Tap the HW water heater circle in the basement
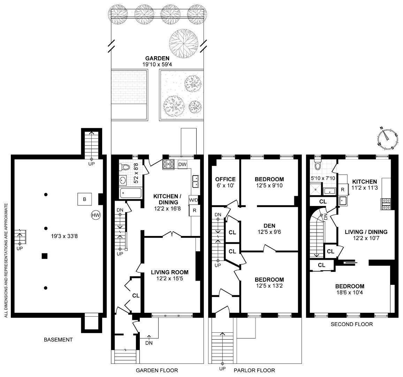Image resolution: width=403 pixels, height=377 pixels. coord(96,215)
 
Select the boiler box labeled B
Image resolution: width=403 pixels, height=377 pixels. coord(84,199)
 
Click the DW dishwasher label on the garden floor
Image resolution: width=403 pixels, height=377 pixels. coord(182,164)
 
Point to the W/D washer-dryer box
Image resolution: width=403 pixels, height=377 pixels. coord(193,200)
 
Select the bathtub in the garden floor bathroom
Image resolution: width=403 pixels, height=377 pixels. coord(130,193)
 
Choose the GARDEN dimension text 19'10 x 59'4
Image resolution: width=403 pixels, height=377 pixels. coord(157,65)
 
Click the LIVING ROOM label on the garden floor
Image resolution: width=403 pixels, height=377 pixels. coord(169,272)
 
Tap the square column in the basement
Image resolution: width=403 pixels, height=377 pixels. coord(44,256)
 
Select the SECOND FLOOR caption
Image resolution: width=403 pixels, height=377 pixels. coord(351,324)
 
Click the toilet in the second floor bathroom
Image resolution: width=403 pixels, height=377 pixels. coord(317,164)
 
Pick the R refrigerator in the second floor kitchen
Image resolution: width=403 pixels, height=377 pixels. coord(343,190)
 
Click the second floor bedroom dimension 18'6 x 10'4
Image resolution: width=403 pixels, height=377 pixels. coord(350,293)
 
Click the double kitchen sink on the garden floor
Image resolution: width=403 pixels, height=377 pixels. coord(196,181)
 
